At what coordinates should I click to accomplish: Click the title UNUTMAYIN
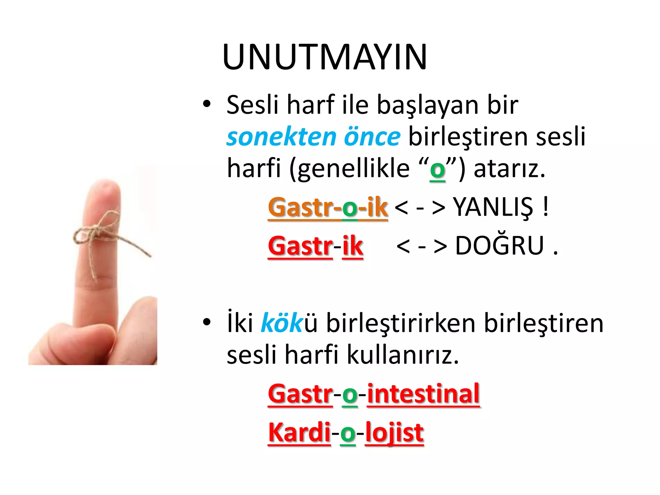325,57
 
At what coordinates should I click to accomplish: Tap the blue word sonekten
282,137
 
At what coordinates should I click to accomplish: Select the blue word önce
372,137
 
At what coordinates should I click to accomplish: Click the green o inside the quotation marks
437,170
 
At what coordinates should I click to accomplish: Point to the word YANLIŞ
493,207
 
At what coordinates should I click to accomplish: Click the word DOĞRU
500,246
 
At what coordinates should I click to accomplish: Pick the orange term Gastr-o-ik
328,207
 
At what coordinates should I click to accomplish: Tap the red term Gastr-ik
315,246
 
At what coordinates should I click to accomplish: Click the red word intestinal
423,394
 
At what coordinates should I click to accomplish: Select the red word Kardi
299,432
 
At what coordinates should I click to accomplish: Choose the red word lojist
394,432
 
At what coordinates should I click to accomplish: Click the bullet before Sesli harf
207,104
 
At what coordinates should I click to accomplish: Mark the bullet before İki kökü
207,322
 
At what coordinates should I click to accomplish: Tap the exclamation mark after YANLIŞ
545,207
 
